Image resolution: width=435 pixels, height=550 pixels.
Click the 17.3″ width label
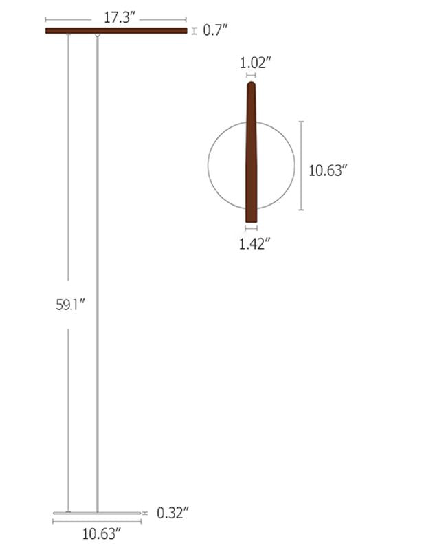tap(116, 19)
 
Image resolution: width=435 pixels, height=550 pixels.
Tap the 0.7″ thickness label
tap(215, 30)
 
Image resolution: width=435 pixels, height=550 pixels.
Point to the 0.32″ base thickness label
tap(172, 512)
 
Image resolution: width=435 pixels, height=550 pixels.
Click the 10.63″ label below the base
tap(97, 533)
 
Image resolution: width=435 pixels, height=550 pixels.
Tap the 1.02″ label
tap(255, 63)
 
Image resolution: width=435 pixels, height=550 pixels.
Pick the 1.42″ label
tap(254, 243)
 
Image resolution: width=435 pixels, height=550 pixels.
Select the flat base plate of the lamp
tap(96, 513)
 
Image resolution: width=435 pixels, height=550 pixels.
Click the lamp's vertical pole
tap(97, 275)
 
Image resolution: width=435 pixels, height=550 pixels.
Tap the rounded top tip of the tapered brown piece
tap(252, 85)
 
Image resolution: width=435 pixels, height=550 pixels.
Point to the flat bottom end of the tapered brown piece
tap(251, 220)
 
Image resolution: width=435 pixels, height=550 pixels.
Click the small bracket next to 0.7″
tap(194, 30)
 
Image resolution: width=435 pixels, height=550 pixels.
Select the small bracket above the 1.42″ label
tap(251, 228)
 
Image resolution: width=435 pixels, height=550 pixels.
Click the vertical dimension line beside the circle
tap(301, 165)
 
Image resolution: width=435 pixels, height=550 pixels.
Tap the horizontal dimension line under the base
tap(97, 522)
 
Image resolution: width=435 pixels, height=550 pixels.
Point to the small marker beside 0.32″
tap(146, 513)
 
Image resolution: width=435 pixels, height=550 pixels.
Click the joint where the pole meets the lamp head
tap(97, 35)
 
